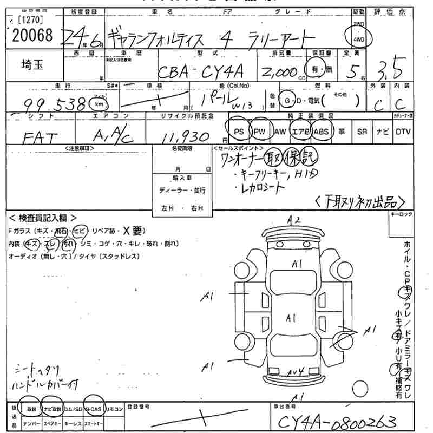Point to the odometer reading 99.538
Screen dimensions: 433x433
(x=56, y=104)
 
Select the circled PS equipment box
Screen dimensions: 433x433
(x=239, y=132)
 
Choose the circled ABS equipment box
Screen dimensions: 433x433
(x=320, y=132)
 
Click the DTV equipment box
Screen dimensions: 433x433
(x=403, y=132)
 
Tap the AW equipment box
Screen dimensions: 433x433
(x=280, y=132)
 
